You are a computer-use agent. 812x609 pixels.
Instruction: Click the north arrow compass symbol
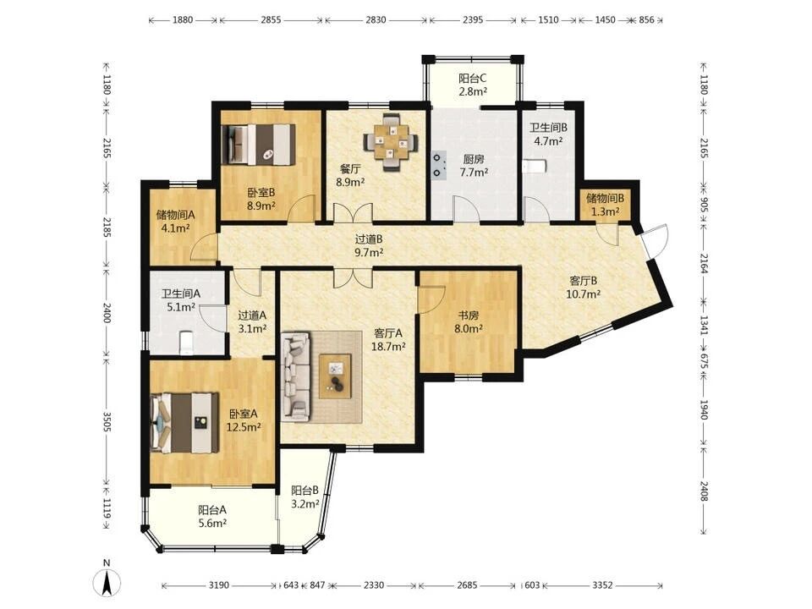[107, 581]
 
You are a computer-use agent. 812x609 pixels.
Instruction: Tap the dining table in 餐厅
[391, 140]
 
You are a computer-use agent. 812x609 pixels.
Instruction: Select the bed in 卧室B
[258, 145]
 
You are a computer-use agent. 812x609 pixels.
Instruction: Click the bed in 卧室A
[184, 423]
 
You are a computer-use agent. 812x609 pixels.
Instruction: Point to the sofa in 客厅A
[296, 376]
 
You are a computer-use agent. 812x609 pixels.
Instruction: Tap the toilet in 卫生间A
[186, 343]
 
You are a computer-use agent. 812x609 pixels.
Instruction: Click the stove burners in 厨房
[439, 165]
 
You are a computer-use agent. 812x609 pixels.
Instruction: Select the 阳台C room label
[472, 79]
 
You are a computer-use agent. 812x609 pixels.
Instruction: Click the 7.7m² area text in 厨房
[474, 173]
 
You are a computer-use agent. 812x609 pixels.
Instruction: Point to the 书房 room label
[468, 315]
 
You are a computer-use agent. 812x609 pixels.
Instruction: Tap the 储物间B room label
[605, 198]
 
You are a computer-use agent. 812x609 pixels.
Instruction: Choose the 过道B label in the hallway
[369, 239]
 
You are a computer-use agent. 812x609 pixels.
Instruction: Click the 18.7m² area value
[388, 347]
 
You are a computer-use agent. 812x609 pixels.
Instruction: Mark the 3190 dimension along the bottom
[218, 585]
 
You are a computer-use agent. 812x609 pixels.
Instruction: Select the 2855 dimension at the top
[271, 20]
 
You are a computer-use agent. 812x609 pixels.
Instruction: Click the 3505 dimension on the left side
[107, 422]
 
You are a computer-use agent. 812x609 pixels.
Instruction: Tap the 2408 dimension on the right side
[704, 491]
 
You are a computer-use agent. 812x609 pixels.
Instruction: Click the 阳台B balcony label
[304, 491]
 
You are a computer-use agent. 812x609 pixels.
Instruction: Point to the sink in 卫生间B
[535, 167]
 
